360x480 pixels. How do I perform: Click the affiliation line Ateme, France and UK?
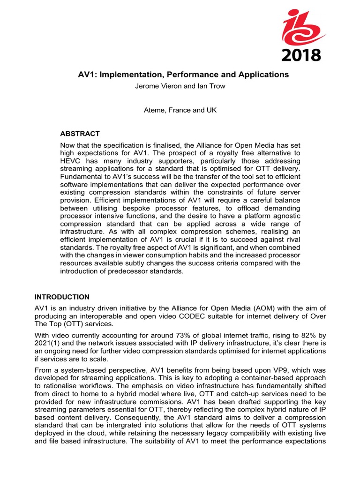click(180, 110)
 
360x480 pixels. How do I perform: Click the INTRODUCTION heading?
click(62, 297)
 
